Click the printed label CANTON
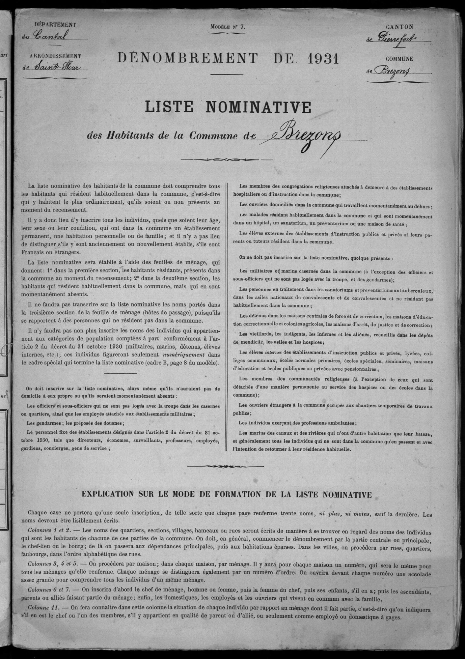tap(400, 27)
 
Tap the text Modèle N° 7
tap(228, 27)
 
